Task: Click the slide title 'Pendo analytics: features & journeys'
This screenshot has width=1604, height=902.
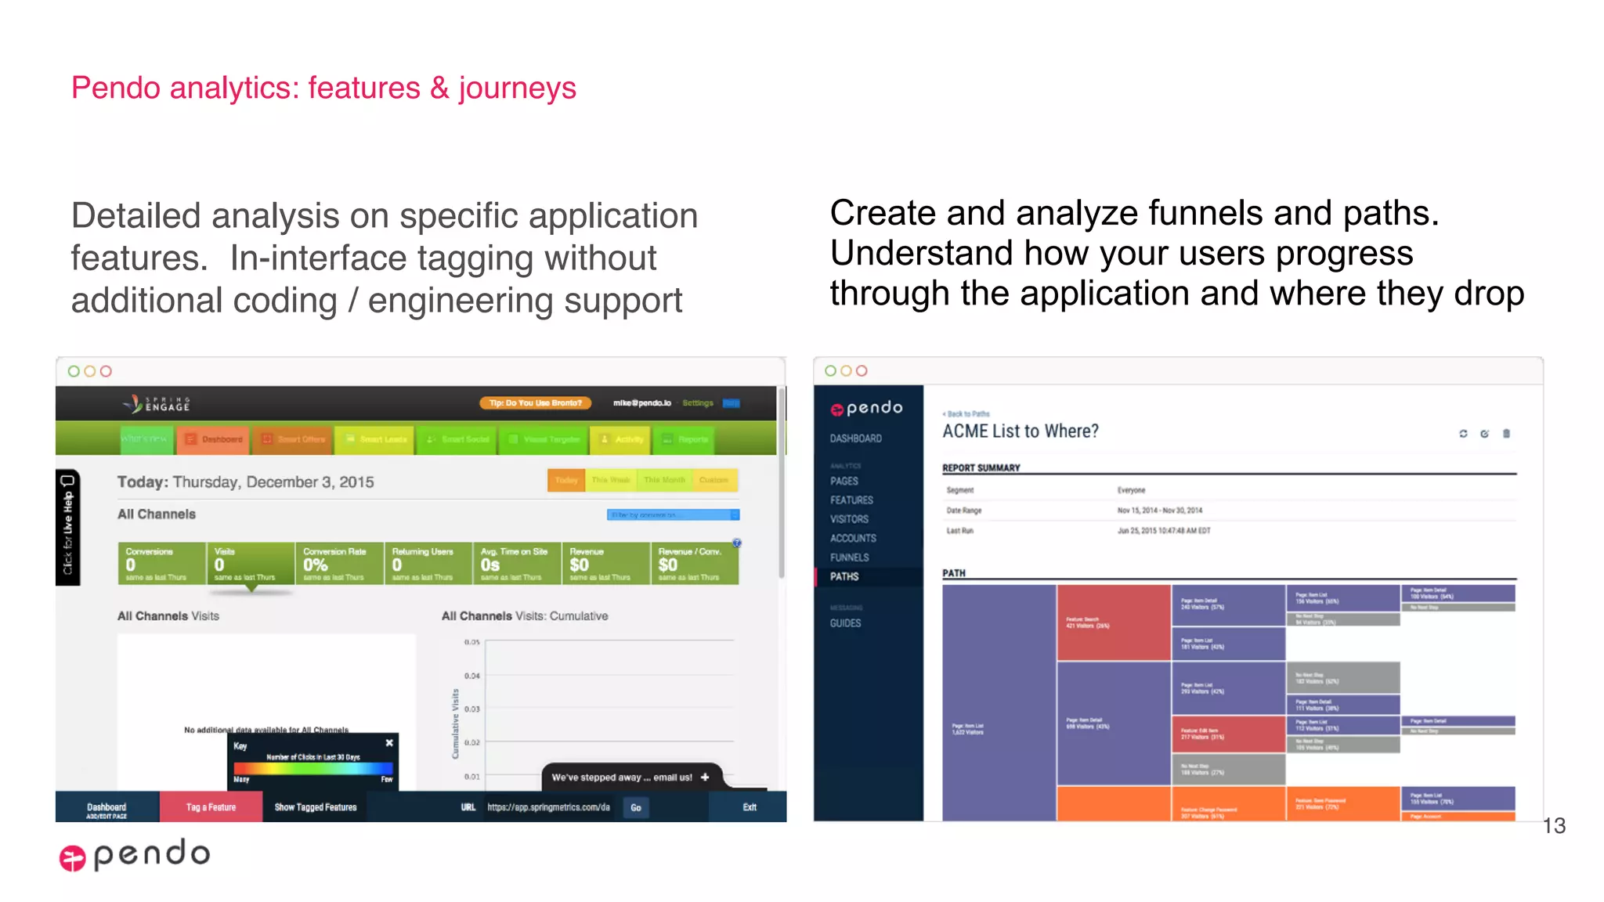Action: (x=323, y=88)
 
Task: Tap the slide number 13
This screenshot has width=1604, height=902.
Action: (x=1554, y=825)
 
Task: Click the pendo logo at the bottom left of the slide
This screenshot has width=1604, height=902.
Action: (x=135, y=854)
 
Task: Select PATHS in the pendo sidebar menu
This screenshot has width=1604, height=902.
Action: (x=844, y=576)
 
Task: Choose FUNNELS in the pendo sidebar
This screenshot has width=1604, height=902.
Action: (x=849, y=557)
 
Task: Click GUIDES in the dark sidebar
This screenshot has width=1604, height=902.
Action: (x=845, y=623)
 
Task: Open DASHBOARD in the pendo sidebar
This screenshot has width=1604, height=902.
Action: (x=855, y=438)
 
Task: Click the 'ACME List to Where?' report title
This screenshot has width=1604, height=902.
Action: (x=1020, y=431)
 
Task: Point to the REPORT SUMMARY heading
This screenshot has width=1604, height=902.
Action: (x=981, y=468)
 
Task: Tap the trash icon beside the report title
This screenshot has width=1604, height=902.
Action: (x=1506, y=434)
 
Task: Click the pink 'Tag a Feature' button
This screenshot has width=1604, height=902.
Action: (x=211, y=807)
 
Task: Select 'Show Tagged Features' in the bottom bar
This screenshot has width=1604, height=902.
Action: (x=315, y=807)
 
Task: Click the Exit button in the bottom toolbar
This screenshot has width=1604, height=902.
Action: (x=750, y=807)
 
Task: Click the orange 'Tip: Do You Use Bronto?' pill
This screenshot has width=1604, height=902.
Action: (x=536, y=403)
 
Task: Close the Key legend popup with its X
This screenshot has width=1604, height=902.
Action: (x=389, y=742)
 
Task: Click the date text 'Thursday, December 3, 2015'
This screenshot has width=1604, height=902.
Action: (x=273, y=482)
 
